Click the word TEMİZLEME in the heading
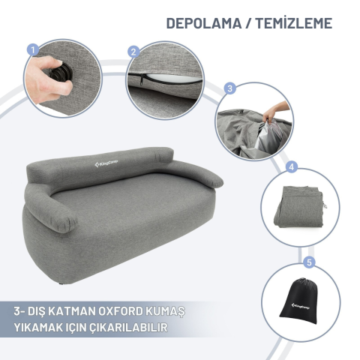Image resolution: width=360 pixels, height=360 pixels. (293, 22)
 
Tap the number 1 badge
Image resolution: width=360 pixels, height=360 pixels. (32, 49)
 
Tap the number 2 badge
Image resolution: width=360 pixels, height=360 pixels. (133, 52)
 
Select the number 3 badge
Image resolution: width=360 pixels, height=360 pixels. (230, 88)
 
